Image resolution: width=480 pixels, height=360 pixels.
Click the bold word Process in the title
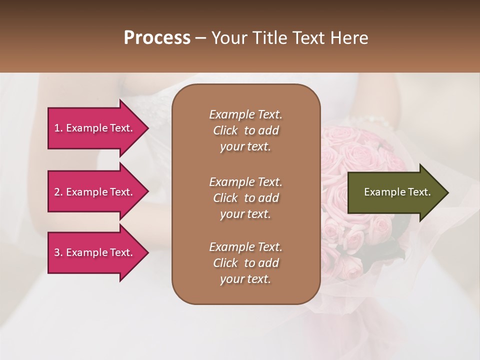157,38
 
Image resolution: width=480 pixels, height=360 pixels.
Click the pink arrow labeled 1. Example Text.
95,128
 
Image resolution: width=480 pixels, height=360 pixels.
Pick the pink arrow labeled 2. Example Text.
95,192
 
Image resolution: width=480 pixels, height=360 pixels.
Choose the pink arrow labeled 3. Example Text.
95,252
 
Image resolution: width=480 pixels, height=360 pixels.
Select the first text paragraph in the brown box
245,130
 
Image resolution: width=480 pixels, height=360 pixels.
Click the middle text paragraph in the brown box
245,197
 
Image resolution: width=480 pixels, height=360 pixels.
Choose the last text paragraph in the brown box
245,263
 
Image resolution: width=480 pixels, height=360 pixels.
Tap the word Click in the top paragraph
225,130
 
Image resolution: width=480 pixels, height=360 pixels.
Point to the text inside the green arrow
397,192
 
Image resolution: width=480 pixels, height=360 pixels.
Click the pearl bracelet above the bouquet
370,120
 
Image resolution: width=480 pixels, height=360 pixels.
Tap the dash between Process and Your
200,38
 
